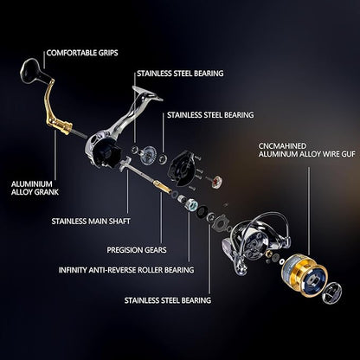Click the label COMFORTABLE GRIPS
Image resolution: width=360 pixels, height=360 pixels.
point(88,51)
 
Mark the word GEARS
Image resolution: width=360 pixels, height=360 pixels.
point(158,250)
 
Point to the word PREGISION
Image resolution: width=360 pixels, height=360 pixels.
point(127,250)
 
